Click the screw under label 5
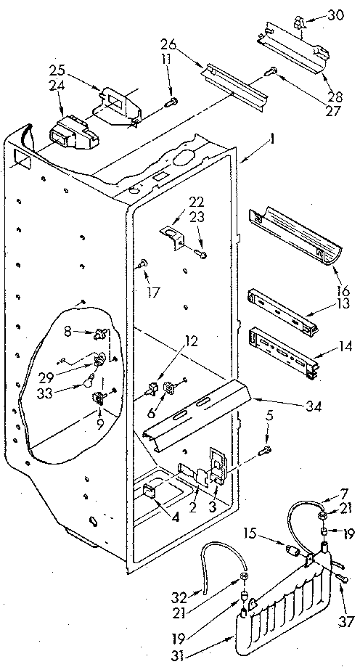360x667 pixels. tap(266, 452)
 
